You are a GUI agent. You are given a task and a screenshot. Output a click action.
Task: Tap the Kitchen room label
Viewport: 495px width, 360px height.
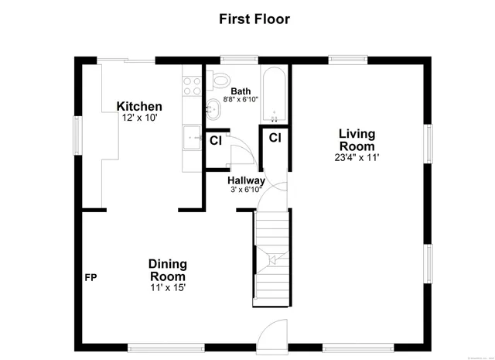(x=139, y=107)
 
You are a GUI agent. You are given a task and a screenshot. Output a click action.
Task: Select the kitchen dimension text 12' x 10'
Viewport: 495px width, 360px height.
(x=139, y=118)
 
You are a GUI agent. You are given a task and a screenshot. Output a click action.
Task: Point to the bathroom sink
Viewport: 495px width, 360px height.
(x=212, y=110)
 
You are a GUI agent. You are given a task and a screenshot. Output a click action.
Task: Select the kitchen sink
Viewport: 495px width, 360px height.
(x=191, y=139)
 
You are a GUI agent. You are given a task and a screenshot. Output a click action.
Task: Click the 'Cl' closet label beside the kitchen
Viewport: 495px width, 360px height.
(x=216, y=141)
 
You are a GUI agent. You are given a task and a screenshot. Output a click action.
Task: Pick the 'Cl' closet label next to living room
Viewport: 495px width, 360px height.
(x=275, y=138)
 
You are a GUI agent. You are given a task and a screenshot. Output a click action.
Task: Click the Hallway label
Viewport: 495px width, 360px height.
(x=246, y=180)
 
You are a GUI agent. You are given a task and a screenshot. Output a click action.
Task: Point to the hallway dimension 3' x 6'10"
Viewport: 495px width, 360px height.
(x=246, y=190)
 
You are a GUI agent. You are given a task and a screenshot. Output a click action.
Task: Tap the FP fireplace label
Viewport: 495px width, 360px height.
(x=90, y=277)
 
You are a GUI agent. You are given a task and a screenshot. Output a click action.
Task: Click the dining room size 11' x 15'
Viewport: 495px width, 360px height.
(x=168, y=288)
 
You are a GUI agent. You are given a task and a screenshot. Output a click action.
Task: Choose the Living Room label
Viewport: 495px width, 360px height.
(x=357, y=140)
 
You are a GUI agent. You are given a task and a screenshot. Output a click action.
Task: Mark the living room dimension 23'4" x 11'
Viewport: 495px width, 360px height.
(x=357, y=157)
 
